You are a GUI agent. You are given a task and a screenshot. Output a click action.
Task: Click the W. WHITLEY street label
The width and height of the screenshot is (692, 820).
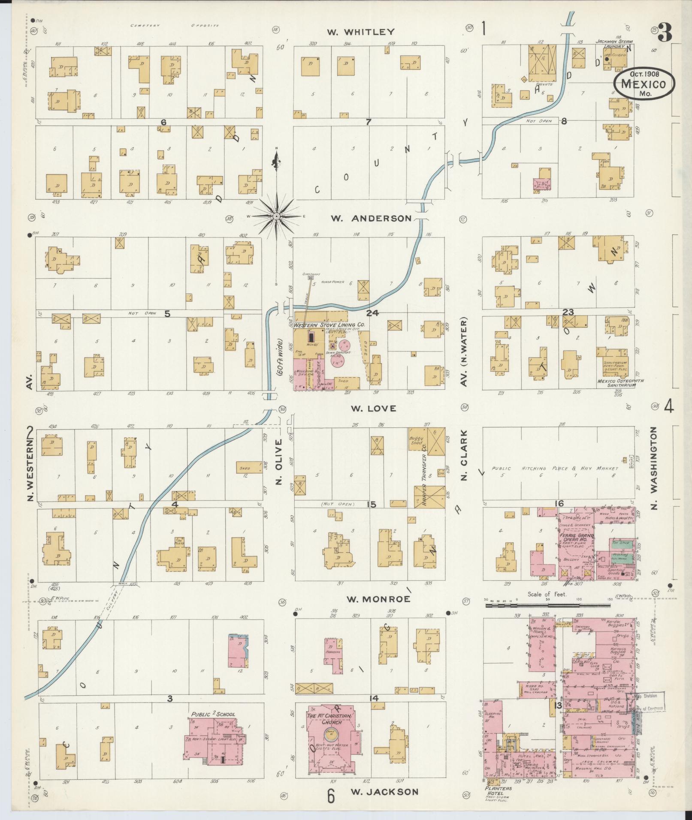[360, 32]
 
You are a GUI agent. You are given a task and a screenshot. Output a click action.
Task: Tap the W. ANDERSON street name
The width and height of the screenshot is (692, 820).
[371, 219]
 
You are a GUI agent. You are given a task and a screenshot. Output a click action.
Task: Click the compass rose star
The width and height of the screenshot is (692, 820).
[277, 217]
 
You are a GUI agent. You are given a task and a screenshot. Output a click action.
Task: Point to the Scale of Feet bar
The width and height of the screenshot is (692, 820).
[547, 606]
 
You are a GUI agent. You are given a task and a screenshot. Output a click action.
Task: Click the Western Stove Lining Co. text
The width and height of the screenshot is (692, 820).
[329, 325]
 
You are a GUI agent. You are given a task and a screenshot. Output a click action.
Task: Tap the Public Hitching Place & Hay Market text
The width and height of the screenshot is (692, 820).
[555, 469]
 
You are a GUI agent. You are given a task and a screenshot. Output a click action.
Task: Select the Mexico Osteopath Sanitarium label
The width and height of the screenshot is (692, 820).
[617, 383]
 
